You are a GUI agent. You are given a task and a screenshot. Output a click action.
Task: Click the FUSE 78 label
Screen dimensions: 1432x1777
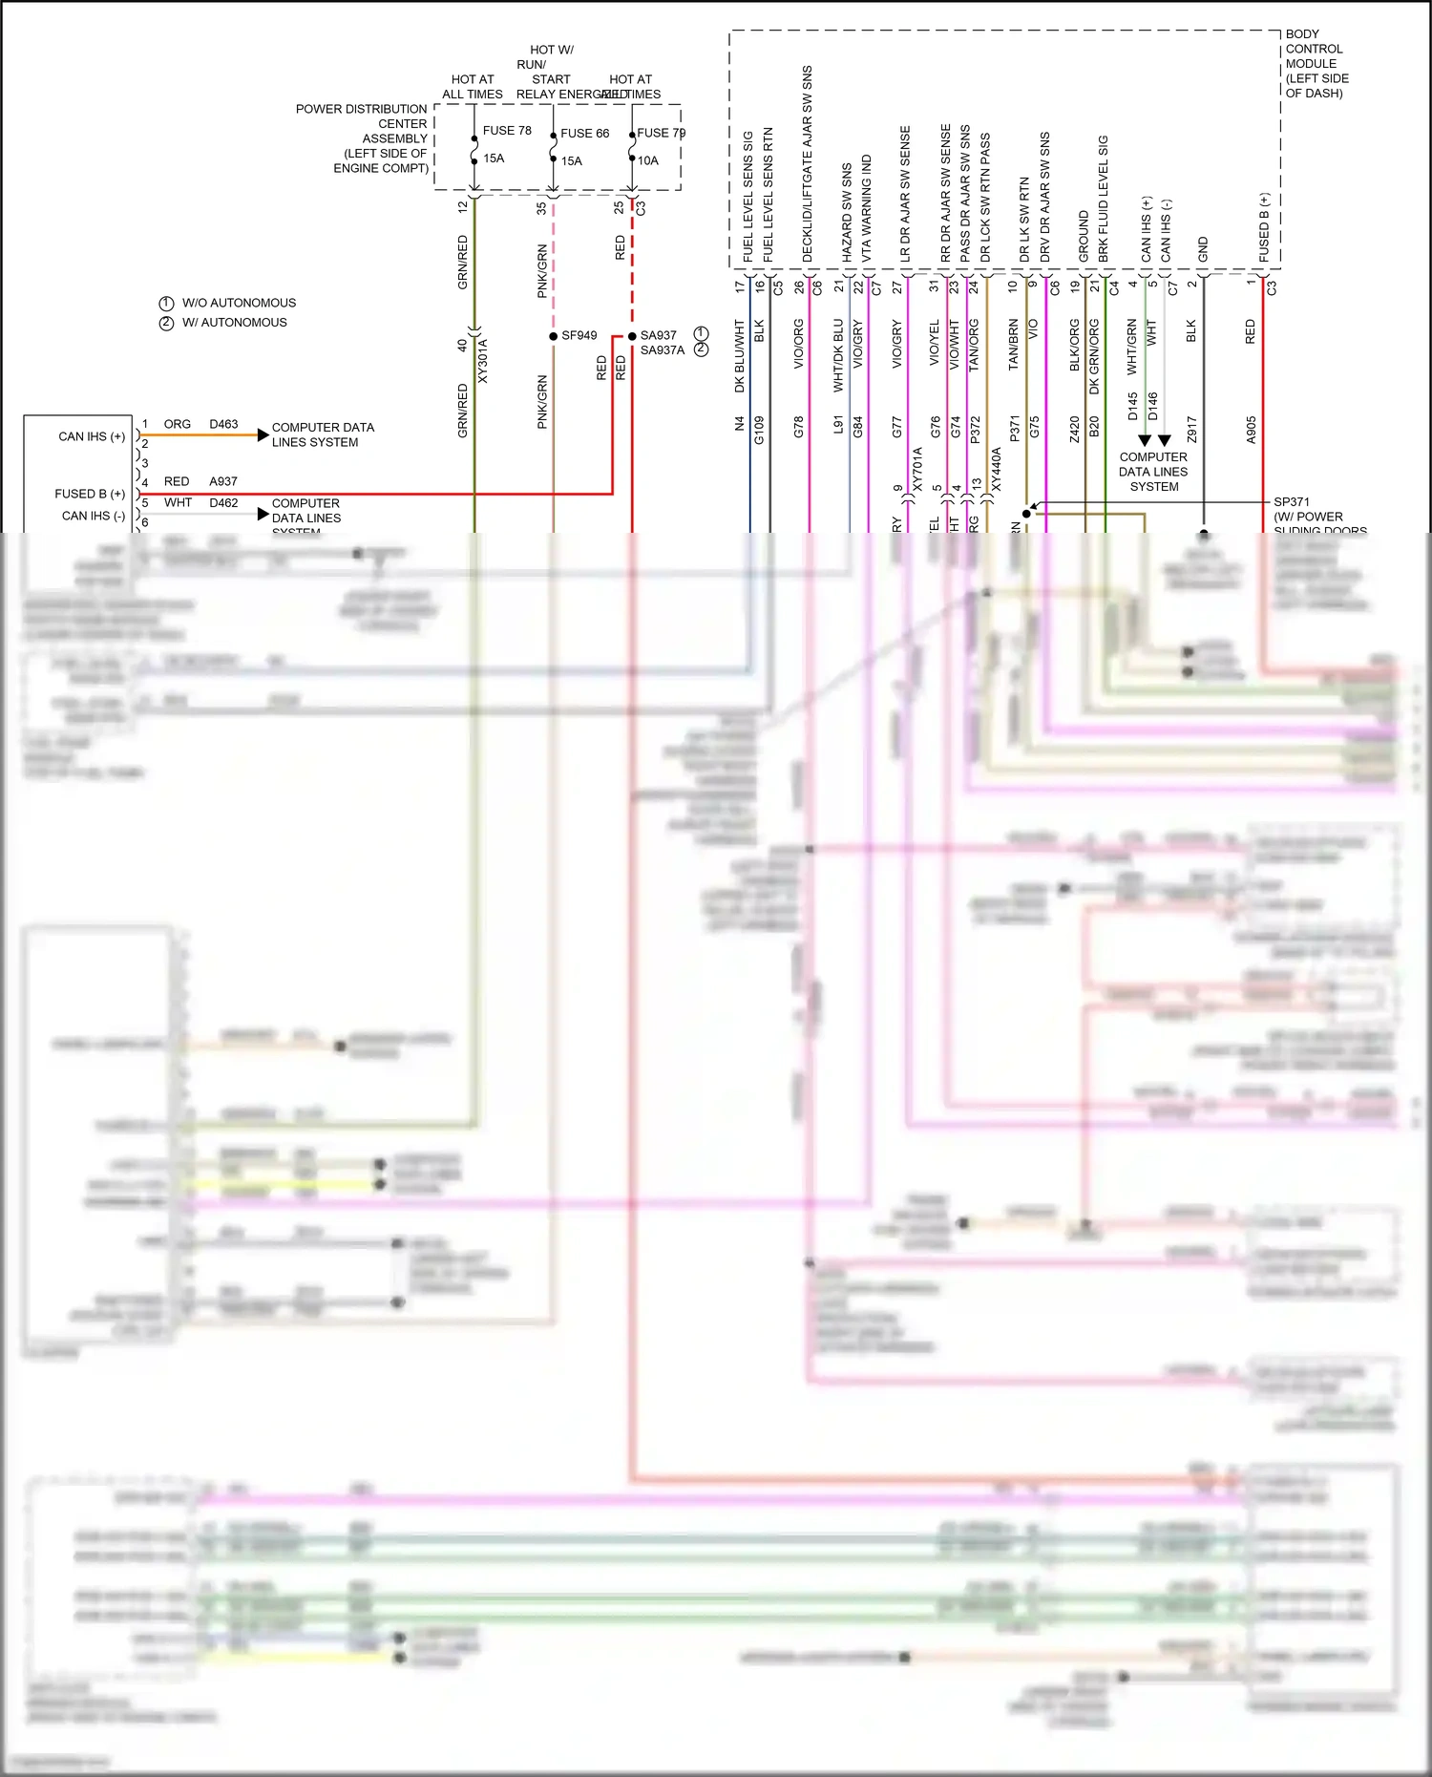click(507, 131)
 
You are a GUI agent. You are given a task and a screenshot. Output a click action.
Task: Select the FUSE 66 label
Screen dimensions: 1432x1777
click(584, 134)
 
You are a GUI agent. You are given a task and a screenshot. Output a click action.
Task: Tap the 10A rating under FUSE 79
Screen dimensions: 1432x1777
click(648, 161)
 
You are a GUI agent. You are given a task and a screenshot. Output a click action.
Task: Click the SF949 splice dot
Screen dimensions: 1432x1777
click(554, 336)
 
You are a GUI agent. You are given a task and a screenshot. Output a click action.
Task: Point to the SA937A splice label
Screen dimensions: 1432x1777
click(663, 350)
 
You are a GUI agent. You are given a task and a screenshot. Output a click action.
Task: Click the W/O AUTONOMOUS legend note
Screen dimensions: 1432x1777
click(239, 303)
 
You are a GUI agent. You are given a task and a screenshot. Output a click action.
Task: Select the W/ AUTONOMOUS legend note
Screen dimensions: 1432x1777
click(234, 323)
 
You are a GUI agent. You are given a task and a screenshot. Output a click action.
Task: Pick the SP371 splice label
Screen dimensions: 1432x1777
click(1292, 502)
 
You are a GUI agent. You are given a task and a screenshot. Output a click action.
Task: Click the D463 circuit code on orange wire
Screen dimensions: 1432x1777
click(223, 424)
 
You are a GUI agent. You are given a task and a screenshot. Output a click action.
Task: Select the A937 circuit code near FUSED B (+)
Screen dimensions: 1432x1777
click(223, 482)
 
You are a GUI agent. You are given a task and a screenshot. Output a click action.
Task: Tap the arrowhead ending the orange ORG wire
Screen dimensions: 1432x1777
click(263, 435)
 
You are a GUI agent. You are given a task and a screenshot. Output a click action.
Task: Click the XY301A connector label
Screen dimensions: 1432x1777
click(483, 361)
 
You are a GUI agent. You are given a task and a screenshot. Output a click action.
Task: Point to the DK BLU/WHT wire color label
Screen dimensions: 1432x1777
click(740, 356)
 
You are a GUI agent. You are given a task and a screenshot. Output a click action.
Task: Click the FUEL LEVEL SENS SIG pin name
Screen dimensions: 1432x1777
click(748, 196)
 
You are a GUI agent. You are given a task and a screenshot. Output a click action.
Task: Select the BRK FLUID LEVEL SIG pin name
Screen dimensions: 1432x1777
click(1104, 199)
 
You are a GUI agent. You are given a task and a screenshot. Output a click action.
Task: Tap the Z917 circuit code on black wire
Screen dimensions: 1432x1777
click(1192, 430)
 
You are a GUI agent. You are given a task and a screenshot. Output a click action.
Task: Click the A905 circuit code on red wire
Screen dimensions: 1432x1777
click(1252, 430)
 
